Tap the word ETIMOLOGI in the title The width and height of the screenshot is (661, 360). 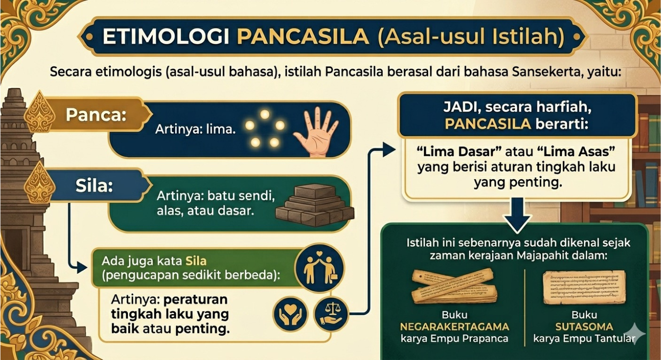click(165, 37)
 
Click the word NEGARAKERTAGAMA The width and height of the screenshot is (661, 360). click(455, 327)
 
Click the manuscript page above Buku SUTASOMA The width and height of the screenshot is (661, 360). click(584, 286)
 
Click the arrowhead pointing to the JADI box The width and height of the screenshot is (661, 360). click(389, 150)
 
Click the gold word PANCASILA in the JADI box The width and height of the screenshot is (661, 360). click(488, 124)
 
